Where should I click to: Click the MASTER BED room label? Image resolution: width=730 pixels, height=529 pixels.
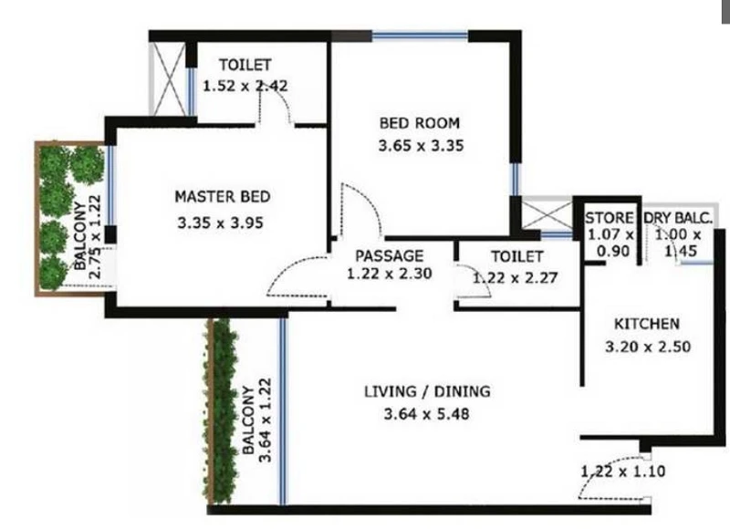pos(222,196)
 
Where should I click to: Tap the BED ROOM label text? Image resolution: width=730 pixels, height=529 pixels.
pos(420,123)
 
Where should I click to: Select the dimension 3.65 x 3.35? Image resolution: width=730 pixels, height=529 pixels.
pos(421,146)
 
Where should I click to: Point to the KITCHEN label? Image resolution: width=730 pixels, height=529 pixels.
pos(647,324)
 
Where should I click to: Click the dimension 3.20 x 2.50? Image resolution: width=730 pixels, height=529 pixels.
pos(648,347)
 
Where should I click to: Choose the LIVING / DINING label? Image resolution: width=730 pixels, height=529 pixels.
pos(427,391)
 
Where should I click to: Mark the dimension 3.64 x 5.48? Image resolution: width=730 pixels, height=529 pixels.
pos(426,413)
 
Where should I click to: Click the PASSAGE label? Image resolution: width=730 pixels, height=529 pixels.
pos(390,256)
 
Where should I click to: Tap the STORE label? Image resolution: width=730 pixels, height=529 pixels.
pos(609,218)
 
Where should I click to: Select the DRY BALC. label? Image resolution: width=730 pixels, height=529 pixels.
pos(678,218)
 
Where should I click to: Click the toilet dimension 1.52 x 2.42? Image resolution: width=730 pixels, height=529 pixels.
pos(245,86)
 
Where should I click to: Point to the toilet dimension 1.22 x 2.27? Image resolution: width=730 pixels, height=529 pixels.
pos(515,278)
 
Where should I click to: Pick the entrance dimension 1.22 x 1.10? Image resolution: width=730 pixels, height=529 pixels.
pos(623,472)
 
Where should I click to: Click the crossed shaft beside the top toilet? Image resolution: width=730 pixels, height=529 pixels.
pos(169,79)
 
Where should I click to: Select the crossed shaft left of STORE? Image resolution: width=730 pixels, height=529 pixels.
pos(547,215)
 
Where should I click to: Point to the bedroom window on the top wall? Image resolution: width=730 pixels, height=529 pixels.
pos(420,36)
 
